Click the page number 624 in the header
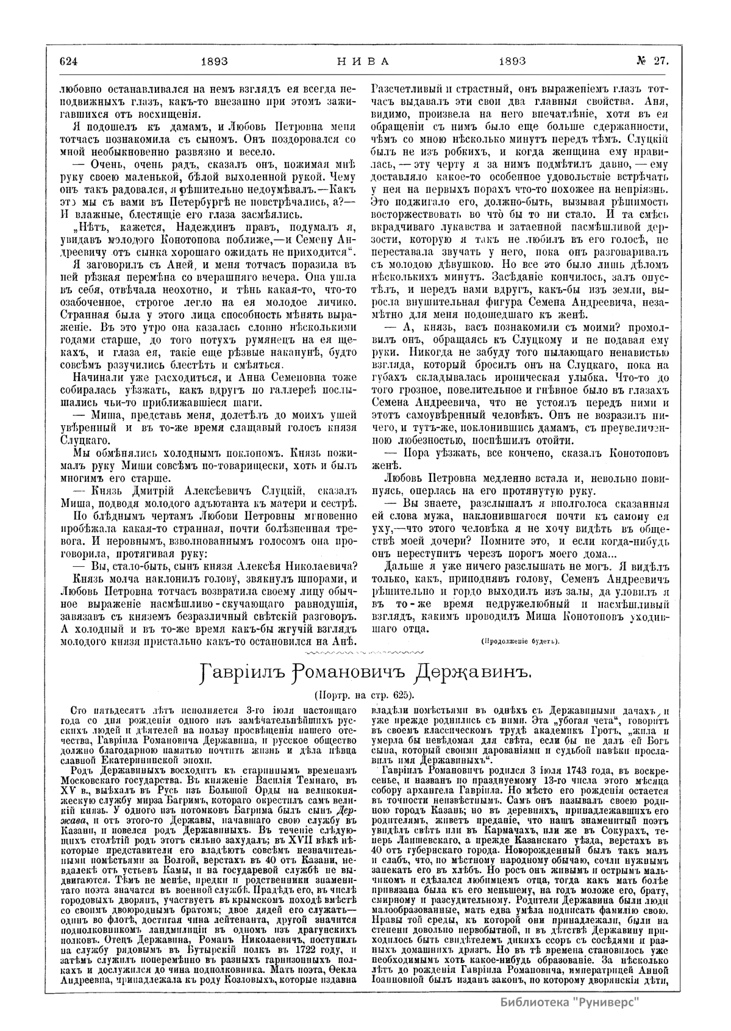(71, 60)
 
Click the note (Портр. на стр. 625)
(365, 695)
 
